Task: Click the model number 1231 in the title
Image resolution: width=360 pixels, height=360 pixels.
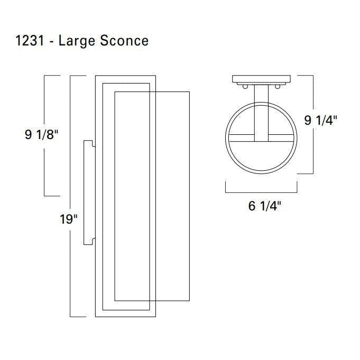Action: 30,41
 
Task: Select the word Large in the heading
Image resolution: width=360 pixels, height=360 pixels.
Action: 77,42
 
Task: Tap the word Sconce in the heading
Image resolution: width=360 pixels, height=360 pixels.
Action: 124,41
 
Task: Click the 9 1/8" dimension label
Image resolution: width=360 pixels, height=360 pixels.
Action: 42,135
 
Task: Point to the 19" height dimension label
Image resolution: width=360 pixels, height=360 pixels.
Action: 68,219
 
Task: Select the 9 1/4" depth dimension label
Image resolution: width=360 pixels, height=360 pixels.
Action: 320,121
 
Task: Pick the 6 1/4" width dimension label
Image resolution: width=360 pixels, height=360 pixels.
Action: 264,206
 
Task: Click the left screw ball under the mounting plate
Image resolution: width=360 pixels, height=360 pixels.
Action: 245,87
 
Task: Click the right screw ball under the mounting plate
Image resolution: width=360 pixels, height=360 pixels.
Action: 278,87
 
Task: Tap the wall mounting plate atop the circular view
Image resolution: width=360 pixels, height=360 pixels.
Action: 261,80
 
